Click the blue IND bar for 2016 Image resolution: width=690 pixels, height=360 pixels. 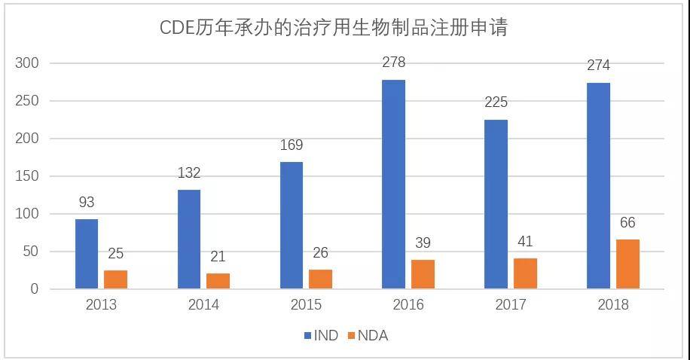pyautogui.click(x=393, y=185)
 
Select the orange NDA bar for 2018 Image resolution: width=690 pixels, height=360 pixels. pyautogui.click(x=627, y=264)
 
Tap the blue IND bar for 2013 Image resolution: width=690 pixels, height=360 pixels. pyautogui.click(x=87, y=254)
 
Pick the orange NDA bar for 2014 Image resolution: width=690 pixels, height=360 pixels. pyautogui.click(x=218, y=281)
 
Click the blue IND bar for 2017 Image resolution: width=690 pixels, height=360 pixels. pyautogui.click(x=496, y=204)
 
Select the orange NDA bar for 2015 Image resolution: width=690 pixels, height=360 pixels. pyautogui.click(x=320, y=279)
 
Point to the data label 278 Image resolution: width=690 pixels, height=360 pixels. pyautogui.click(x=393, y=63)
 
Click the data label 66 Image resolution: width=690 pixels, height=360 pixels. pyautogui.click(x=627, y=223)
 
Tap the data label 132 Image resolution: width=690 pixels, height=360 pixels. pyautogui.click(x=189, y=172)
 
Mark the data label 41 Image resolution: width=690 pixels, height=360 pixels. pyautogui.click(x=525, y=241)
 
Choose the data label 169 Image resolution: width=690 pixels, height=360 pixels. pyautogui.click(x=292, y=145)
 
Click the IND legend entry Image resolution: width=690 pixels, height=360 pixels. pyautogui.click(x=321, y=336)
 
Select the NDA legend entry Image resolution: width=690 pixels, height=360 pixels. pyautogui.click(x=368, y=336)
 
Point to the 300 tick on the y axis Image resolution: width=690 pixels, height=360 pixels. pyautogui.click(x=27, y=63)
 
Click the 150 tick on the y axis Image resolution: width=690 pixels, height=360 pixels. pyautogui.click(x=27, y=176)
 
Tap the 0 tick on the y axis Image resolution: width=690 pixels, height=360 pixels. pyautogui.click(x=35, y=289)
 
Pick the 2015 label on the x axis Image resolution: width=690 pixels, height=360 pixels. pyautogui.click(x=306, y=304)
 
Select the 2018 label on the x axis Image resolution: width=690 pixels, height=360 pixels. pyautogui.click(x=613, y=304)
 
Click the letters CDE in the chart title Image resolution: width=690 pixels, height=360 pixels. pyautogui.click(x=177, y=28)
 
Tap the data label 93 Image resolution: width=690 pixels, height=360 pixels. pyautogui.click(x=87, y=202)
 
